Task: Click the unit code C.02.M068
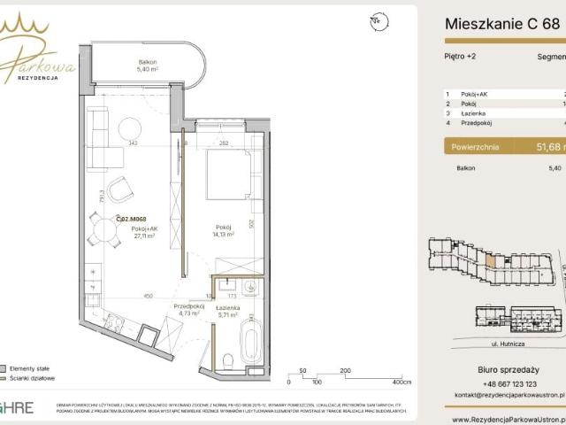(130, 219)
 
